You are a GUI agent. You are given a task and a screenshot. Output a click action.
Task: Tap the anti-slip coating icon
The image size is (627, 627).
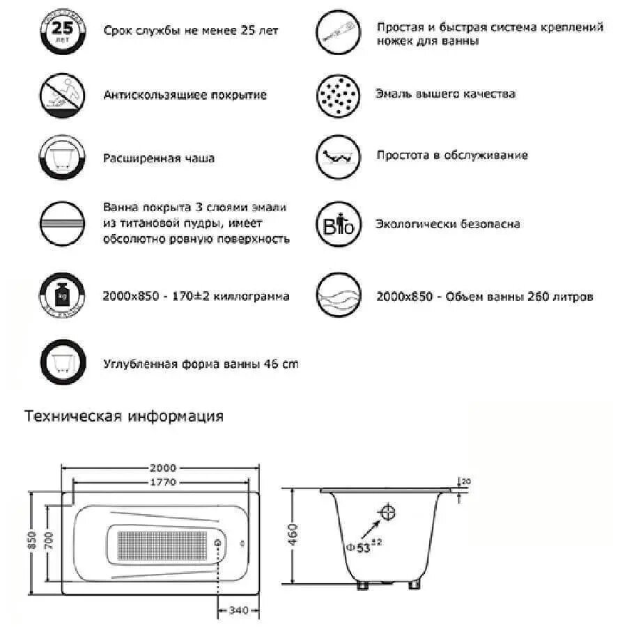coord(62,95)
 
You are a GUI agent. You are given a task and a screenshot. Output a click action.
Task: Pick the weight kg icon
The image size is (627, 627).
coord(62,295)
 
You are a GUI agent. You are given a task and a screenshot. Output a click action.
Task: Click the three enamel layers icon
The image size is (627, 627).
coord(62,224)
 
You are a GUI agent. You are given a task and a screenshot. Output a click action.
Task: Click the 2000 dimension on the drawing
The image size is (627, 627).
coord(162,468)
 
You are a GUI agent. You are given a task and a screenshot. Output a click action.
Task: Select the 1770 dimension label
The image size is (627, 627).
coord(162,481)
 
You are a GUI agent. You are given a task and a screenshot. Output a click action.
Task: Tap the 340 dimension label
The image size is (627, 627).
coord(239,611)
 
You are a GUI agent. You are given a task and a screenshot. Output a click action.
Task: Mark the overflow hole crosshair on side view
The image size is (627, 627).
coord(387,514)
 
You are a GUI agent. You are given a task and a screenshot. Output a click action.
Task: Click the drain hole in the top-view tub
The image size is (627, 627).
coord(218,543)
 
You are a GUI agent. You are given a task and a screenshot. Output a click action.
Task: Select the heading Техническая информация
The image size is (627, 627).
coord(124,417)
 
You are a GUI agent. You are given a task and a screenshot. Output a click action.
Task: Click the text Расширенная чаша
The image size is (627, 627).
coord(159,158)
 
